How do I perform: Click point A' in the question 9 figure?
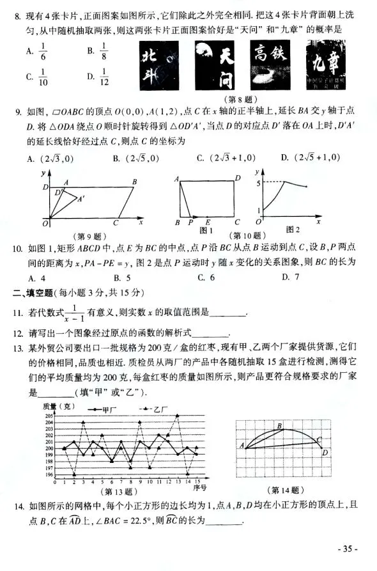click(81, 198)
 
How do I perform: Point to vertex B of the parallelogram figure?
click(134, 182)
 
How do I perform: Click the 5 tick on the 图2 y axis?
click(258, 184)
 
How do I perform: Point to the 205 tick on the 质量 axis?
click(50, 416)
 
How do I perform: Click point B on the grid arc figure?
click(279, 425)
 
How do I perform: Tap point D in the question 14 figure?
click(325, 452)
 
